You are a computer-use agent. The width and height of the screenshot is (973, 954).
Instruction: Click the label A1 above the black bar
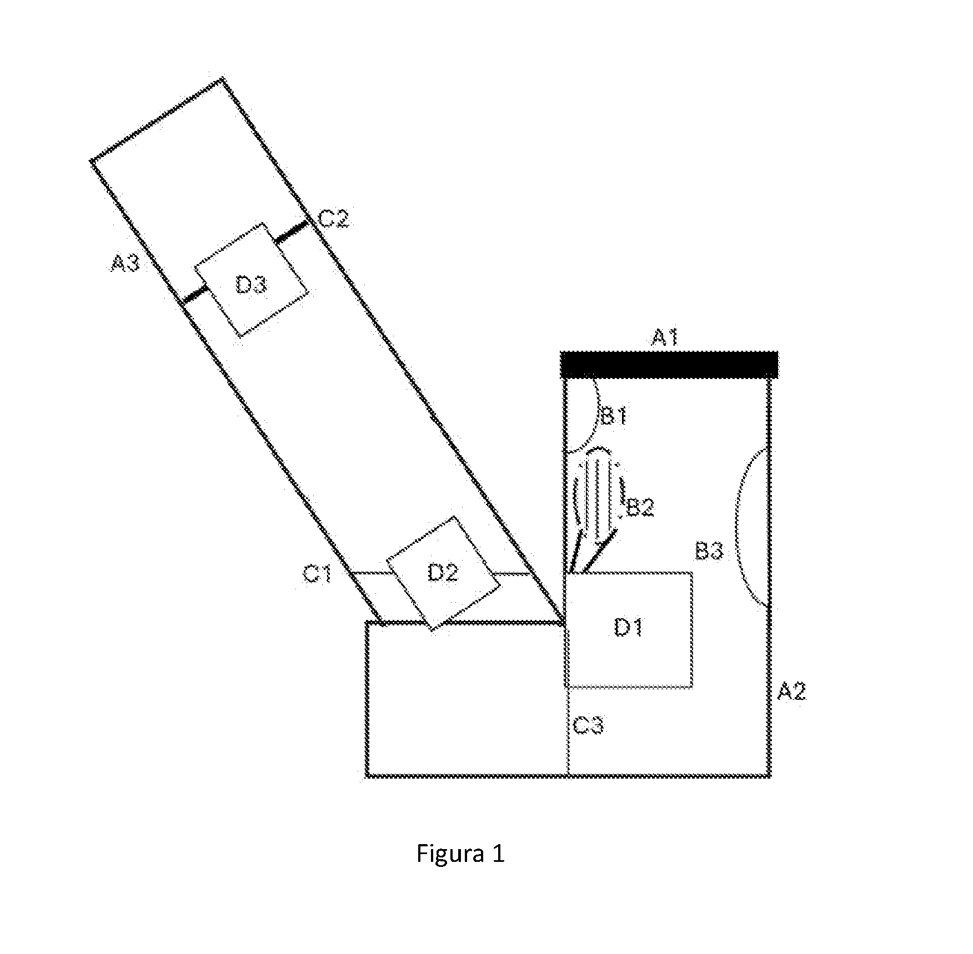pyautogui.click(x=665, y=337)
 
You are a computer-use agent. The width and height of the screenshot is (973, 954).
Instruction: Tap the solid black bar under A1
pyautogui.click(x=669, y=365)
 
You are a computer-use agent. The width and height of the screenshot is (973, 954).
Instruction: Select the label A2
pyautogui.click(x=791, y=691)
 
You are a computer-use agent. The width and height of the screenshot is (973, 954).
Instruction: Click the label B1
pyautogui.click(x=614, y=415)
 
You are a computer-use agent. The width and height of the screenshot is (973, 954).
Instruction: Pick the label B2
pyautogui.click(x=640, y=507)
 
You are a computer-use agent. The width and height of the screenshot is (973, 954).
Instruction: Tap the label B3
pyautogui.click(x=709, y=551)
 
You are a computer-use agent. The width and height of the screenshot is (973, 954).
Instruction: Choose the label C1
pyautogui.click(x=318, y=574)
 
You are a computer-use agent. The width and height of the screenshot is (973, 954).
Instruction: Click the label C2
pyautogui.click(x=333, y=220)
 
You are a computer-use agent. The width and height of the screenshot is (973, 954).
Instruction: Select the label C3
pyautogui.click(x=588, y=725)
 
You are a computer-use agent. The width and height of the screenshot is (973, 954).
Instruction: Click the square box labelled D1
pyautogui.click(x=629, y=629)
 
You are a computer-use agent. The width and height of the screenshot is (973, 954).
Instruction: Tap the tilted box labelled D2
pyautogui.click(x=443, y=573)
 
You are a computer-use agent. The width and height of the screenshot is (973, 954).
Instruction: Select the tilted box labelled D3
pyautogui.click(x=252, y=280)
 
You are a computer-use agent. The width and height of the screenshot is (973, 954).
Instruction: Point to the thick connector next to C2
pyautogui.click(x=291, y=231)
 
